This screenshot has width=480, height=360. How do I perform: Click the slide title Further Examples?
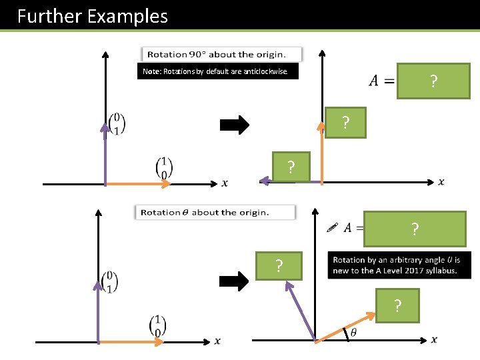tap(93, 16)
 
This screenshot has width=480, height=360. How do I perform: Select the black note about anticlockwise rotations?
tap(217, 72)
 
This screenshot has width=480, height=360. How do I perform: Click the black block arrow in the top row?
tap(235, 124)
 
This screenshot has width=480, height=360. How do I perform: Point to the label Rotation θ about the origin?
tap(215, 212)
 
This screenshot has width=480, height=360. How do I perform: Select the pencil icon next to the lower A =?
tap(333, 227)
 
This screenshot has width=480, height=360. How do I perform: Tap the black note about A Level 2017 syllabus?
tap(399, 265)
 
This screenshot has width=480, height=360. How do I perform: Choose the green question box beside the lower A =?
tap(415, 229)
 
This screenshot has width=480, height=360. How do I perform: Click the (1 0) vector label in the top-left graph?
tap(163, 167)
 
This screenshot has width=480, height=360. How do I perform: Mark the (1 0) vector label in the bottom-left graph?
tap(157, 325)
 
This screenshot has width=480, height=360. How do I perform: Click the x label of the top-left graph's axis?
tap(224, 183)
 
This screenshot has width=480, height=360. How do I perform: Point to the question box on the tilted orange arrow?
tap(397, 306)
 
